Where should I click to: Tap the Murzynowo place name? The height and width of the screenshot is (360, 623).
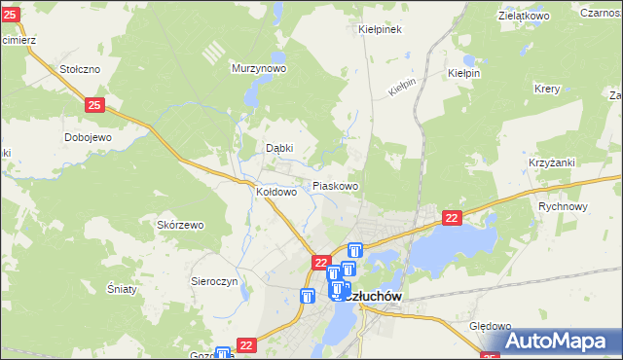[258, 69]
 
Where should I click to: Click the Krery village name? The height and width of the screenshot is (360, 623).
[547, 88]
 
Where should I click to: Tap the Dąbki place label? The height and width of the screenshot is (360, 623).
[280, 149]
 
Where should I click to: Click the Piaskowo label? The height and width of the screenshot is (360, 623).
[335, 186]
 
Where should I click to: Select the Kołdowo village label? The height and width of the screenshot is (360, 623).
[275, 193]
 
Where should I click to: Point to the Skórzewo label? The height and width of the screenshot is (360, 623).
[180, 225]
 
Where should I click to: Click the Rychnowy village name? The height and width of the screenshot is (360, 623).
[564, 206]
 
